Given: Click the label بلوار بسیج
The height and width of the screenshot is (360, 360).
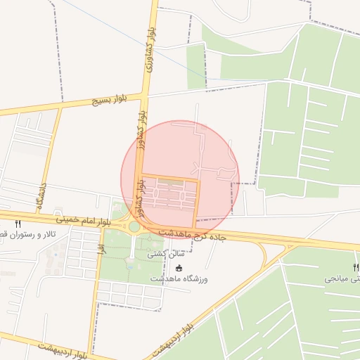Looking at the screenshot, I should pos(106,101).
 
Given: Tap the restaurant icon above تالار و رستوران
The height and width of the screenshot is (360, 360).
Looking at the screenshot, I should pos(18,224).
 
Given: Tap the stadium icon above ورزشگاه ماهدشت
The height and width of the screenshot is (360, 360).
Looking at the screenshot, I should pos(179,268).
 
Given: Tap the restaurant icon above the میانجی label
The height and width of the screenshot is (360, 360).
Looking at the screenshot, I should pos(356,267).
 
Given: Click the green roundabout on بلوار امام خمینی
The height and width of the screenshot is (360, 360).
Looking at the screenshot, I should pos(134,226).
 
